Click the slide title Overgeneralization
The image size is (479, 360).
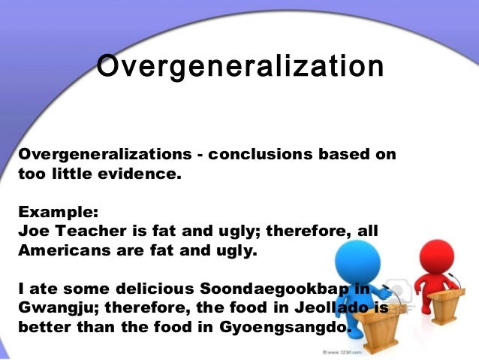tap(240, 66)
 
